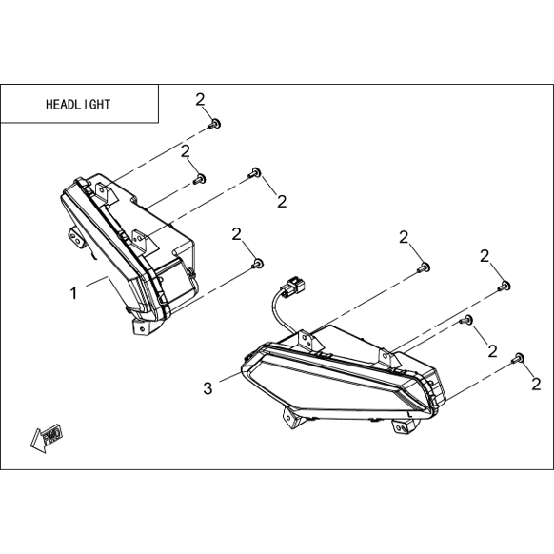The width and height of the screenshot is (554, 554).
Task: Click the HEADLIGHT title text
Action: [78, 104]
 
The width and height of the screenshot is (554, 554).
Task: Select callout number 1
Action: [73, 293]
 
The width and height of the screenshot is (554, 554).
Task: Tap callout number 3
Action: [208, 388]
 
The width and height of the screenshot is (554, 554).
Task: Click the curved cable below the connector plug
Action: [277, 311]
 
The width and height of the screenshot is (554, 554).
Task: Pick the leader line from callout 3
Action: [230, 376]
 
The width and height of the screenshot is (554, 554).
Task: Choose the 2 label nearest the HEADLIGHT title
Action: [200, 100]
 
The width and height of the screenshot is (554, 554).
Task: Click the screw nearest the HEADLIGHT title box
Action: [214, 124]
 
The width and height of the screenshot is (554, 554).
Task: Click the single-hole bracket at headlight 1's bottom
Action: [140, 326]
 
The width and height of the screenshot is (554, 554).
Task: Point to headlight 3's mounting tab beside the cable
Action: [307, 340]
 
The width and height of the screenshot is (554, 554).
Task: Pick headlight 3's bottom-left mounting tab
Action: [292, 418]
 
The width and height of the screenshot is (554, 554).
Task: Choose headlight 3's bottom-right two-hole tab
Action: [404, 426]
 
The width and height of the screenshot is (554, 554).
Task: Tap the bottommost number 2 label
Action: [536, 385]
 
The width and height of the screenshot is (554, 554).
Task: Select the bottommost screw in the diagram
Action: [517, 358]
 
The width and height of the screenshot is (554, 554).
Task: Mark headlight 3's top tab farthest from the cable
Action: [388, 357]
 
